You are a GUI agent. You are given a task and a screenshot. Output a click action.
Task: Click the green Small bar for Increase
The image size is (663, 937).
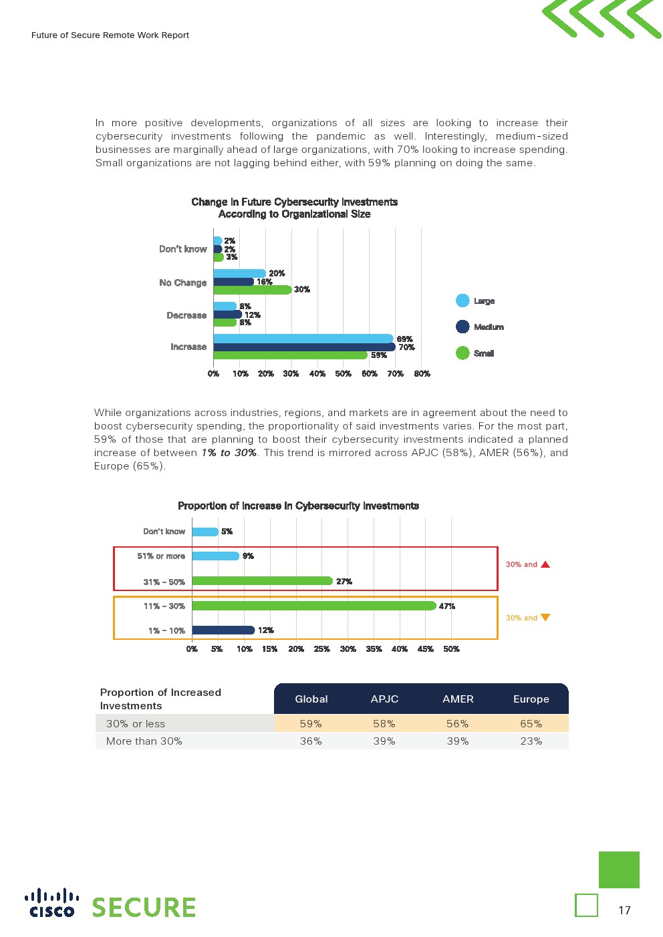(290, 355)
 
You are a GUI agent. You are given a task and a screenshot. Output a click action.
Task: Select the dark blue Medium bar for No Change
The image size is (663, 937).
(233, 282)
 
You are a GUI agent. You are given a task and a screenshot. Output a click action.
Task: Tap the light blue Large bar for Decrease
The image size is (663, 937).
(225, 307)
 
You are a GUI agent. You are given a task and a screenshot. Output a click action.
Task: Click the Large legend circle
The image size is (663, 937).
(462, 301)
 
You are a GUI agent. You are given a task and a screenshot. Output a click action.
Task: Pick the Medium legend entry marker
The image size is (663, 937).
(462, 327)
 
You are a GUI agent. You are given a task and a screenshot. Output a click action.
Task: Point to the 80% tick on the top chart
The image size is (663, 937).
(422, 374)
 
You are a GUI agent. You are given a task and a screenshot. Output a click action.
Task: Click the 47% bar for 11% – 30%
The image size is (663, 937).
(313, 606)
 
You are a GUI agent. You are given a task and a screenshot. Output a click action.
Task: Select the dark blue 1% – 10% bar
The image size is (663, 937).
(223, 630)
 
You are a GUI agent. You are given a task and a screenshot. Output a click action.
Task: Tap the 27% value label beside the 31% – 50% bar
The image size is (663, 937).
(344, 582)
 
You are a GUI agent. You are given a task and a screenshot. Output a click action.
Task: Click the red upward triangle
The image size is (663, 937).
(545, 564)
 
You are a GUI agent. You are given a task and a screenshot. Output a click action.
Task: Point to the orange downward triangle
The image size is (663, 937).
(545, 618)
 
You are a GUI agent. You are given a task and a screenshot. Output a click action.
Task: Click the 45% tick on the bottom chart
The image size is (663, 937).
(426, 649)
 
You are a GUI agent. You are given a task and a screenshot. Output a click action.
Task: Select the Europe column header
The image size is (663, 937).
(531, 699)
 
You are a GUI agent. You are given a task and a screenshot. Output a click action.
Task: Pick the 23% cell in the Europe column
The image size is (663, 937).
(531, 741)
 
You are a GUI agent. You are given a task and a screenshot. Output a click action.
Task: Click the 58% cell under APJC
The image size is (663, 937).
(384, 724)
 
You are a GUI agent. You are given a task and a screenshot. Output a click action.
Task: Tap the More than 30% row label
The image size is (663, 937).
(144, 741)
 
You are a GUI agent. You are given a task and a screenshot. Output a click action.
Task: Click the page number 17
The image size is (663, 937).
(624, 910)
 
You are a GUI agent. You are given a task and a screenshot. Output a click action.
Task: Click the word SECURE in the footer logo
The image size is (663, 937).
(144, 908)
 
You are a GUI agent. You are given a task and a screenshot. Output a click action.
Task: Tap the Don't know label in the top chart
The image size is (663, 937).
(182, 249)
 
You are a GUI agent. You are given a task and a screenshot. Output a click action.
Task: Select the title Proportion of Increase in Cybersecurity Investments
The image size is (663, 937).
(298, 506)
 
